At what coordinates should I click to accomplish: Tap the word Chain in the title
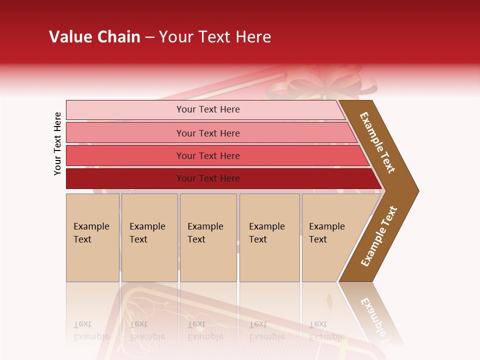(118, 37)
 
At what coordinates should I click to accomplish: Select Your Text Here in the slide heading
(215, 37)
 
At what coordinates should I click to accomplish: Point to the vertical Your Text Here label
(57, 143)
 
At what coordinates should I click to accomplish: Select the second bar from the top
(207, 133)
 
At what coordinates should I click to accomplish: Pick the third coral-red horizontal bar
(207, 155)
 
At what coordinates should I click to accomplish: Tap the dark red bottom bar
(207, 178)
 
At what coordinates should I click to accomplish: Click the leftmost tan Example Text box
(92, 237)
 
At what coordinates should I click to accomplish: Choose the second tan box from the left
(149, 237)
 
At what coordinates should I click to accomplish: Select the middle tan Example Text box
(208, 237)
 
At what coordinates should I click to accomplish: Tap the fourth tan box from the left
(269, 237)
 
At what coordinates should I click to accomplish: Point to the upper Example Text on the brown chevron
(377, 142)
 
